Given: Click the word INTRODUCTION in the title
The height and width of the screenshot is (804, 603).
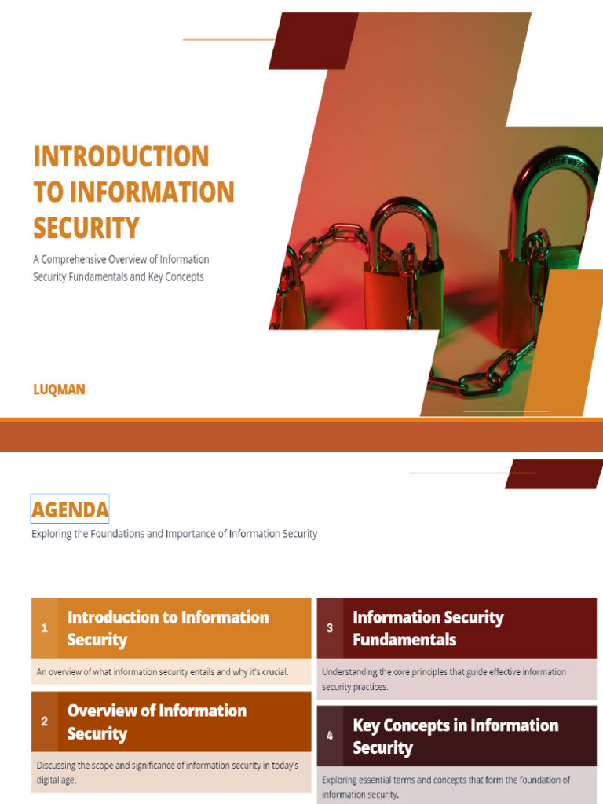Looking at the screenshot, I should point(121,155).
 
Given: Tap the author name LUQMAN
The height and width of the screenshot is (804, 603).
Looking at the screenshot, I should point(59,389).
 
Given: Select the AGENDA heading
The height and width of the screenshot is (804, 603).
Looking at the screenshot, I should point(70,510).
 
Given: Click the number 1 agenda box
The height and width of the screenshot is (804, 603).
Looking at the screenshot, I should point(45,628).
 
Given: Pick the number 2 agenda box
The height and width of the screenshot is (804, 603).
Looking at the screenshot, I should point(45,722).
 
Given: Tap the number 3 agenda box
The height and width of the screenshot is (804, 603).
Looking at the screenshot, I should point(330,628).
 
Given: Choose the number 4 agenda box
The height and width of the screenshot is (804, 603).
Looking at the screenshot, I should point(330,736).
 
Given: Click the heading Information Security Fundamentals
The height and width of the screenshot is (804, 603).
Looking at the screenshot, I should point(428,628).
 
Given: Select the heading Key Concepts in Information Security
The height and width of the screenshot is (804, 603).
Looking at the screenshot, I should point(455,736).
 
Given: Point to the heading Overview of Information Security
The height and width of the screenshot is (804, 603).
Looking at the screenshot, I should point(157,722).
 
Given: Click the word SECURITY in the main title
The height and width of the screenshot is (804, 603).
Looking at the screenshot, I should point(86,228).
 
